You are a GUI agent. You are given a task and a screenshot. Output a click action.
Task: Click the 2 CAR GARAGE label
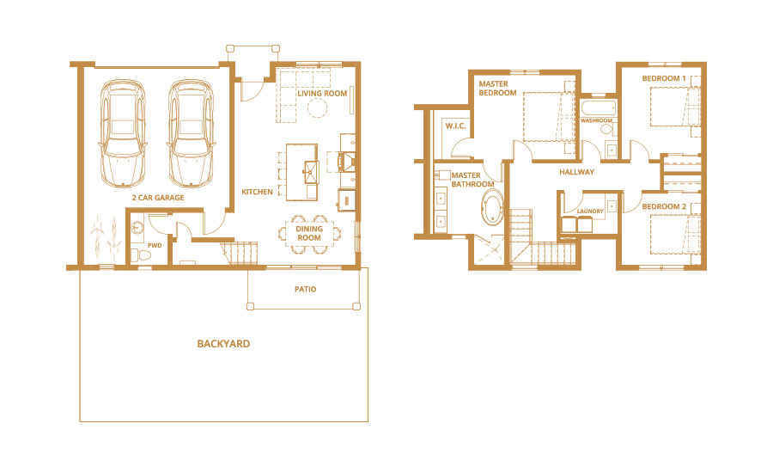click(158, 198)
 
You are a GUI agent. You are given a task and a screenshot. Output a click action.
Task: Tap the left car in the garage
click(123, 133)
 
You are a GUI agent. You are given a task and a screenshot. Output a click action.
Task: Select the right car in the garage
click(192, 133)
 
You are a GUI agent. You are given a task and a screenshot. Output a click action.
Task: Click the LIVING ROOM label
click(322, 94)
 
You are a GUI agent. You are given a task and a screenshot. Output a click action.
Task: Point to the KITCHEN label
click(257, 192)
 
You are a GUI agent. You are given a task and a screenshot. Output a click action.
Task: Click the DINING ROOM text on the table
click(309, 233)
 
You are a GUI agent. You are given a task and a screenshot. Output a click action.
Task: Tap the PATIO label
click(306, 289)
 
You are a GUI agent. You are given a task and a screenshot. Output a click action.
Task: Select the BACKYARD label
click(223, 344)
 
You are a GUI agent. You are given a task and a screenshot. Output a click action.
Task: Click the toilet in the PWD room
click(141, 255)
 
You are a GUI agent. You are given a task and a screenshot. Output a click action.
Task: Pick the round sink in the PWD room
click(137, 228)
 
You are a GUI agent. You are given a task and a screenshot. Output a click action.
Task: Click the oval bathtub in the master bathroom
click(492, 209)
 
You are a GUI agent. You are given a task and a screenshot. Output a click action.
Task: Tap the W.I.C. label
click(455, 126)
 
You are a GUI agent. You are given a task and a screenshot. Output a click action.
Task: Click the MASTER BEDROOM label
click(497, 89)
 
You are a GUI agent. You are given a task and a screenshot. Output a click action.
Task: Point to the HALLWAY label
click(577, 172)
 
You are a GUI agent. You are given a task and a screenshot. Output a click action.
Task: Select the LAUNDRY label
click(590, 211)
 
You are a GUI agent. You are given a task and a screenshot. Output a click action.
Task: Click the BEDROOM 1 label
click(664, 78)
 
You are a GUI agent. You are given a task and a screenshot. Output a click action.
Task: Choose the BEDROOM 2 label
click(664, 206)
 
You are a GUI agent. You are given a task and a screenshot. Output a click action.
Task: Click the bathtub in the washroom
click(598, 108)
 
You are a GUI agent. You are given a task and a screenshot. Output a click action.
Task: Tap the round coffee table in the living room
click(318, 107)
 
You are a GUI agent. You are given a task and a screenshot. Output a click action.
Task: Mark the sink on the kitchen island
click(311, 171)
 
